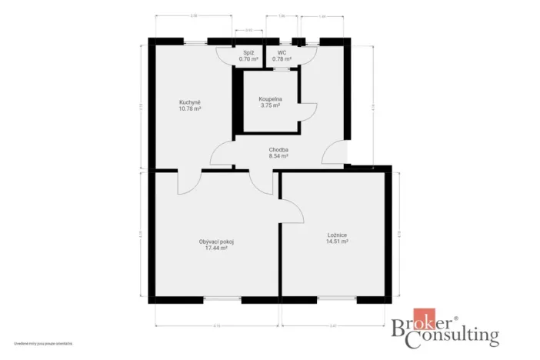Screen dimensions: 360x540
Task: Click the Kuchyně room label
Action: point(190,102)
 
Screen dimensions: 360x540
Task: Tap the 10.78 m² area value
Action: point(190,109)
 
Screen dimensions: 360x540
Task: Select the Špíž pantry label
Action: point(248,53)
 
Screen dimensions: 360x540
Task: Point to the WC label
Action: point(282,53)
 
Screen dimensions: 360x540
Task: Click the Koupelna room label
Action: point(270,99)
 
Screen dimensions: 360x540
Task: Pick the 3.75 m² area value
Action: point(270,106)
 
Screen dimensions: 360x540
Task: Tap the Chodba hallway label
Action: point(278,149)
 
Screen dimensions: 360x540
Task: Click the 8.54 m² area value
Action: point(278,156)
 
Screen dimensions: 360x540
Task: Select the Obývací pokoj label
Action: point(216,242)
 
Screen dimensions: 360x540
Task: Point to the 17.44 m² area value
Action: point(216,248)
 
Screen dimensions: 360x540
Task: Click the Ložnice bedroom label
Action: point(338,235)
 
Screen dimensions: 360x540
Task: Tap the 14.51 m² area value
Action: point(338,242)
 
